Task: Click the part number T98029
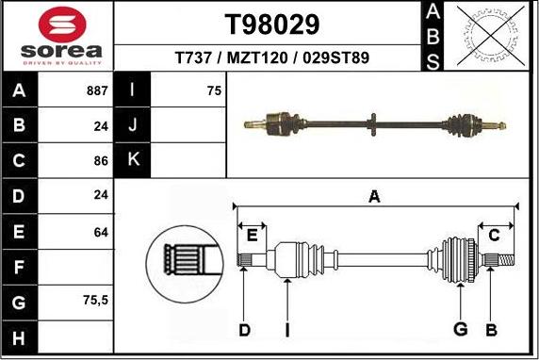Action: pyautogui.click(x=272, y=24)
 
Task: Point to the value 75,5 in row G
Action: pyautogui.click(x=96, y=301)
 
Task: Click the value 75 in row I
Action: pyautogui.click(x=214, y=91)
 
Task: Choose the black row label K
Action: pyautogui.click(x=133, y=160)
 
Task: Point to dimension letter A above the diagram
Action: pyautogui.click(x=374, y=196)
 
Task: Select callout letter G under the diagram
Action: pyautogui.click(x=460, y=329)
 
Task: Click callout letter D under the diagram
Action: pyautogui.click(x=244, y=329)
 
